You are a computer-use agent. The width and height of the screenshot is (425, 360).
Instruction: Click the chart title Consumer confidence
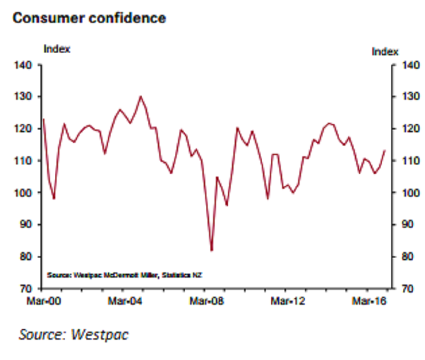[x=89, y=18]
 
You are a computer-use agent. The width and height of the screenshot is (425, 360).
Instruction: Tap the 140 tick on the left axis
[x=26, y=65]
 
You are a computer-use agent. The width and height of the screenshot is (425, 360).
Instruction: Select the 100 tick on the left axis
[x=26, y=193]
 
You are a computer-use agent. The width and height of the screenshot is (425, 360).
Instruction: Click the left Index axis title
[x=56, y=49]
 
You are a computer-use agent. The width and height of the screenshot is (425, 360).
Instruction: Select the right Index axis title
[x=385, y=52]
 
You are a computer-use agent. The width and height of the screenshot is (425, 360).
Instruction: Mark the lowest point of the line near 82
[x=211, y=250]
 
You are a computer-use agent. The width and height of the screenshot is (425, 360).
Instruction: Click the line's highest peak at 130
[x=141, y=96]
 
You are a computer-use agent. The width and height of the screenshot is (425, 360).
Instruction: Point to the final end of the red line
[x=385, y=150]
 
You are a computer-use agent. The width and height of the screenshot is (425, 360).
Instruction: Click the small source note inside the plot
[x=125, y=275]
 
